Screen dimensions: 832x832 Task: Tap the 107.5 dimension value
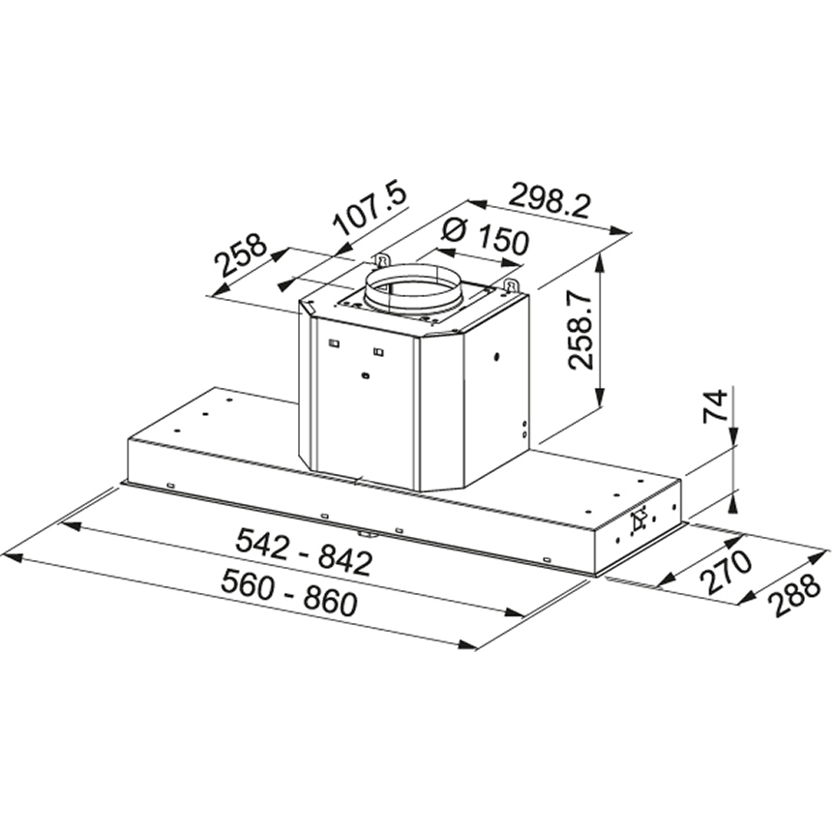tap(370, 209)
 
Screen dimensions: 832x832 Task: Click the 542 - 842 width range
tap(304, 551)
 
